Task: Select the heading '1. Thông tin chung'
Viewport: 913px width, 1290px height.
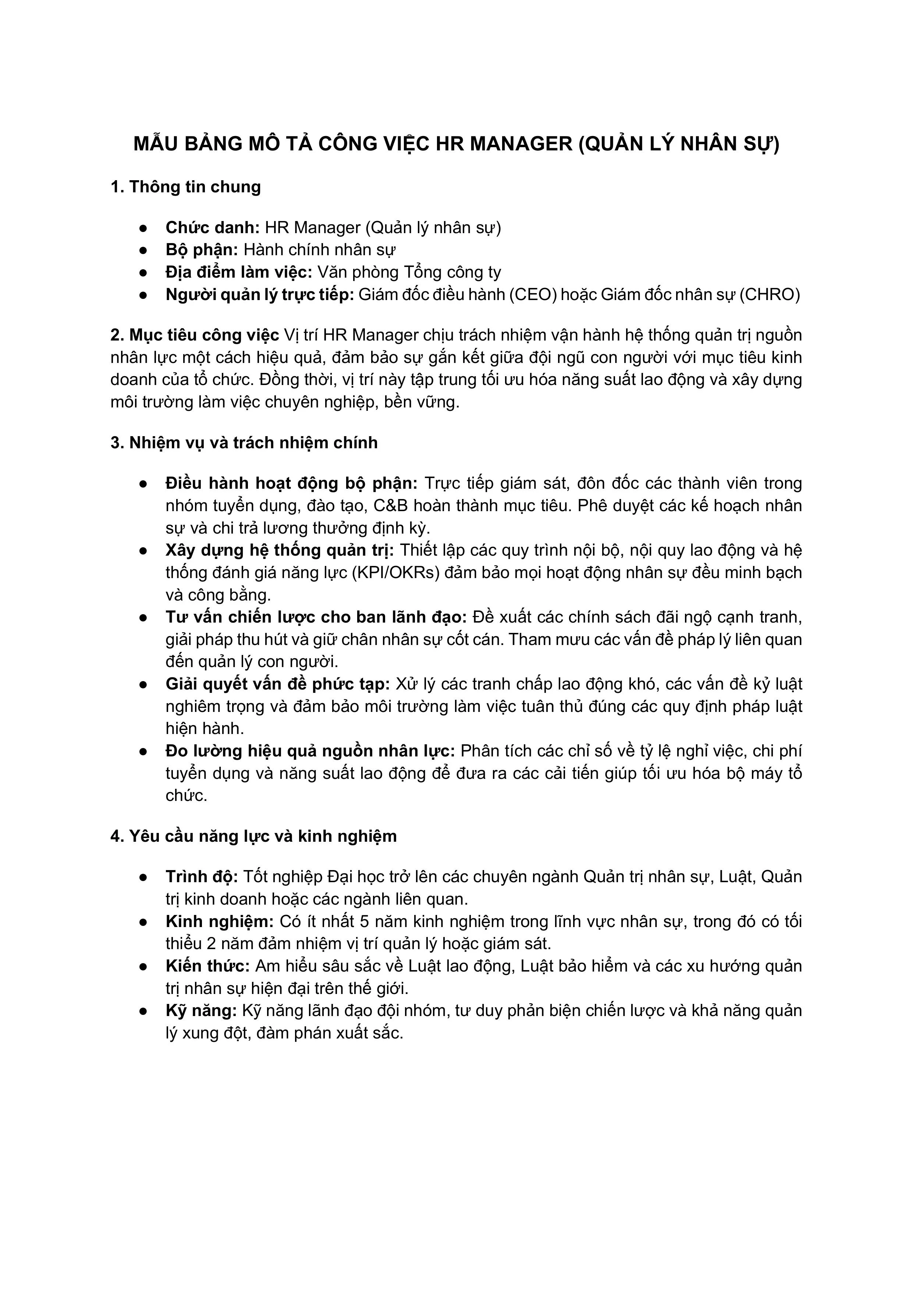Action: click(x=185, y=187)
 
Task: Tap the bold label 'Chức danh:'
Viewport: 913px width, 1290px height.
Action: click(x=212, y=228)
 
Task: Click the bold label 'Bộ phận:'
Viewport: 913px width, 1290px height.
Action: click(x=202, y=250)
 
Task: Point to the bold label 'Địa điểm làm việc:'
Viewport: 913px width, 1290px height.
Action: click(x=238, y=272)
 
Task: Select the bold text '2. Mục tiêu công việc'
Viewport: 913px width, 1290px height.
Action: click(x=195, y=335)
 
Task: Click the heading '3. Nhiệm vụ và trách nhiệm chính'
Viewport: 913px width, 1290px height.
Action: click(x=244, y=443)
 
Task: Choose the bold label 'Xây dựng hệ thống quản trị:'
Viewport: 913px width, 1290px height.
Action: click(x=280, y=550)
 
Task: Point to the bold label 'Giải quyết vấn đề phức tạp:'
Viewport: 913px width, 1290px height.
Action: click(x=277, y=684)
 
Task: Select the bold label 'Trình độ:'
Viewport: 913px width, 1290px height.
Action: click(x=202, y=876)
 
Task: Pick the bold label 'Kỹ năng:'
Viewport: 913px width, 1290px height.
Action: click(x=201, y=1011)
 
